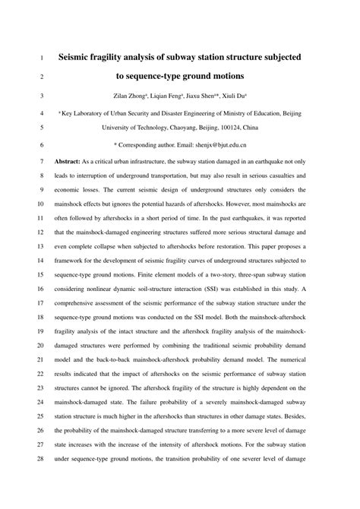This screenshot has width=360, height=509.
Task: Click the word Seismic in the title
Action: tap(81, 57)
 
